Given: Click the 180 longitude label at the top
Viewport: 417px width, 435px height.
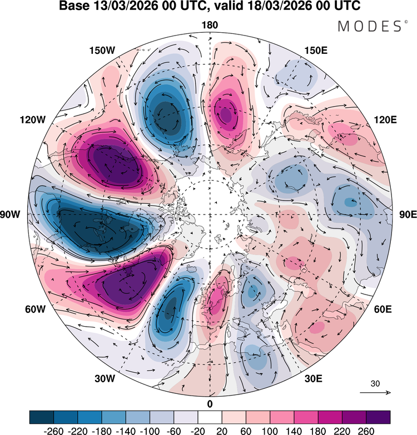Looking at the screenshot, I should (x=210, y=26).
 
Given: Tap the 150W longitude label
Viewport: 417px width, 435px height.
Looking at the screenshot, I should (x=102, y=51).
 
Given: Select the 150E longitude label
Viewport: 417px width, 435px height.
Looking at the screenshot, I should (x=316, y=51).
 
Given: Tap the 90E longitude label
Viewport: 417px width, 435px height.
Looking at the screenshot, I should (x=404, y=214).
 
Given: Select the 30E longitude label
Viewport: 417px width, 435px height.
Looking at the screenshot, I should (x=314, y=379).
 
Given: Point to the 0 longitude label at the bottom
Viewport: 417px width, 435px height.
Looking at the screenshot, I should (x=210, y=403).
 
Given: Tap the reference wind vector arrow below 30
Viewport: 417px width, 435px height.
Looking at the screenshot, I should (x=375, y=393).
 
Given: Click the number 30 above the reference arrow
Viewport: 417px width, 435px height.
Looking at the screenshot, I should (x=375, y=383).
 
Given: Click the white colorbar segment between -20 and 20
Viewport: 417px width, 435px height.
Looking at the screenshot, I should (x=209, y=417).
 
